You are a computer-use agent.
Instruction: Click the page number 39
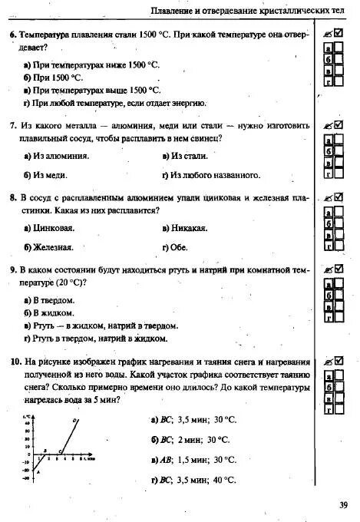tap(343, 504)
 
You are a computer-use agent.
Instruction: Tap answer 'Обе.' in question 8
tap(178, 247)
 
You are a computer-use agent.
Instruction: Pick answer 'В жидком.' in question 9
tap(52, 313)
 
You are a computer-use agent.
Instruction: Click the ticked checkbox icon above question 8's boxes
tap(332, 197)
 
